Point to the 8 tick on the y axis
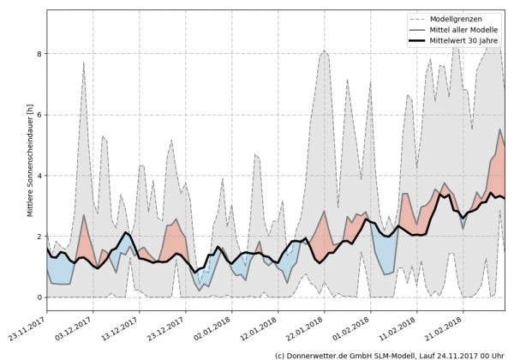(x=38, y=54)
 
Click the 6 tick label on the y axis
(x=38, y=115)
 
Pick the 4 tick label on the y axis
(x=38, y=176)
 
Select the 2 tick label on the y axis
(x=38, y=237)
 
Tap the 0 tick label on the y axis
(x=38, y=297)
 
